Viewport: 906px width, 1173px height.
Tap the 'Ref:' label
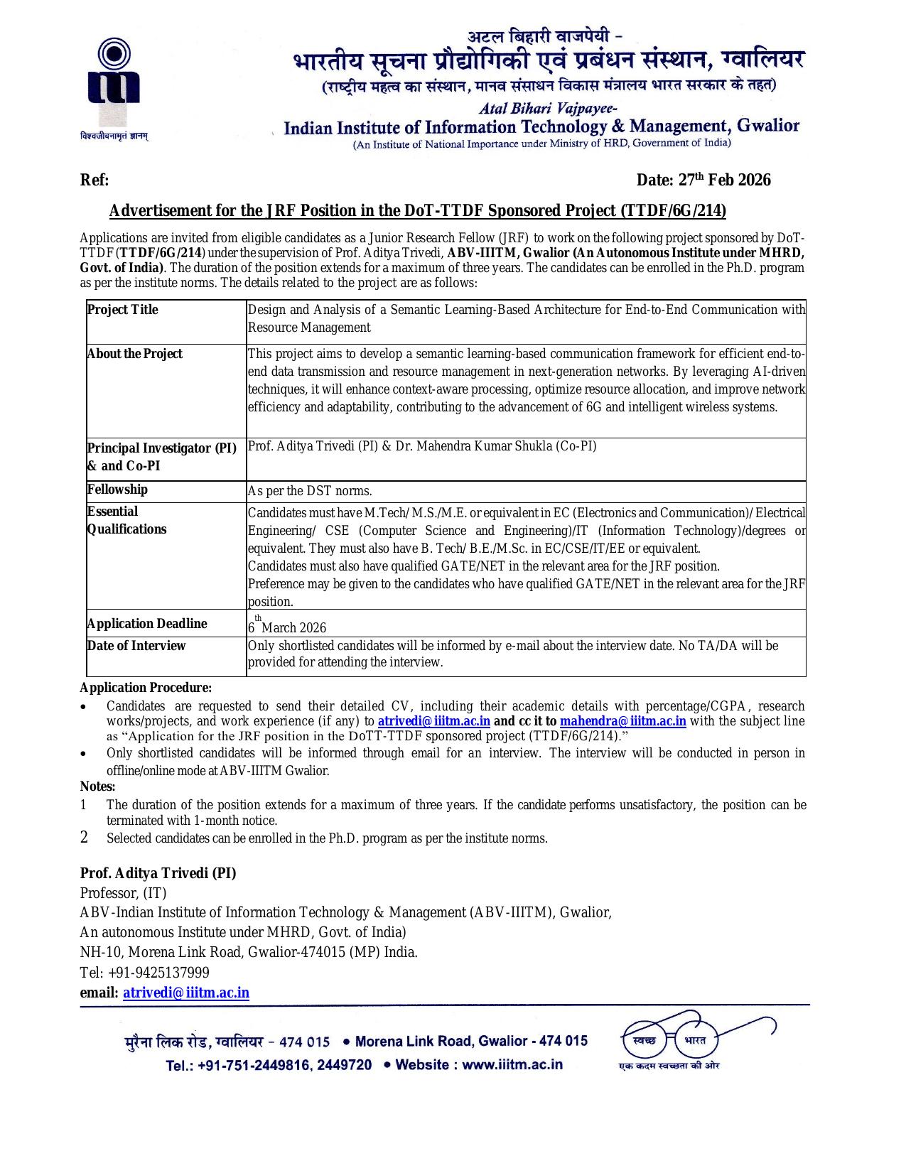point(95,180)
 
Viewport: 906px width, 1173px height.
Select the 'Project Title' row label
point(122,310)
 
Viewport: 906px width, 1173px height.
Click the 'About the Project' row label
point(134,354)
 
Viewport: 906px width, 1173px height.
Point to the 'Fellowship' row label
point(117,490)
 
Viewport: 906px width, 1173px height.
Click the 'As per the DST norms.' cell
point(310,491)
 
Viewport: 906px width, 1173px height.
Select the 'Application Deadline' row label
point(147,624)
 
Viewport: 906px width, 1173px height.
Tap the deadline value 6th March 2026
point(287,626)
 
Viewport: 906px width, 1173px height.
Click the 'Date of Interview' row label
point(136,646)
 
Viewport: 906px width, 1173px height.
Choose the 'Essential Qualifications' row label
point(126,520)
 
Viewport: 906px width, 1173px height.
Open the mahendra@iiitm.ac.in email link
point(623,721)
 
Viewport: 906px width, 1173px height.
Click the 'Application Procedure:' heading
point(146,688)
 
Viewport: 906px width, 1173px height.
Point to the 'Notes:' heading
point(97,786)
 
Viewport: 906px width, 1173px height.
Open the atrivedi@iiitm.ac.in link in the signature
point(186,993)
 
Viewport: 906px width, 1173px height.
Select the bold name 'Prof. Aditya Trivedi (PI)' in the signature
point(158,873)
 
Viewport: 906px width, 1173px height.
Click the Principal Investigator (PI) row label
point(161,457)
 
